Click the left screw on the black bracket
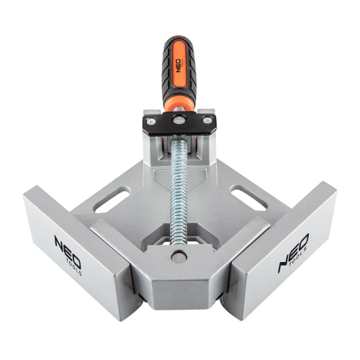152,123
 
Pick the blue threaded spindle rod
179,187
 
